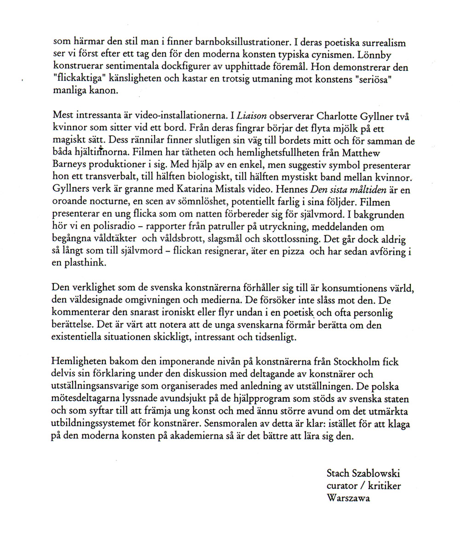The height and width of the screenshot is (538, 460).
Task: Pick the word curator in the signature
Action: point(342,486)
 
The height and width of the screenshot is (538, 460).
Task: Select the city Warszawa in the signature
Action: point(348,498)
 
